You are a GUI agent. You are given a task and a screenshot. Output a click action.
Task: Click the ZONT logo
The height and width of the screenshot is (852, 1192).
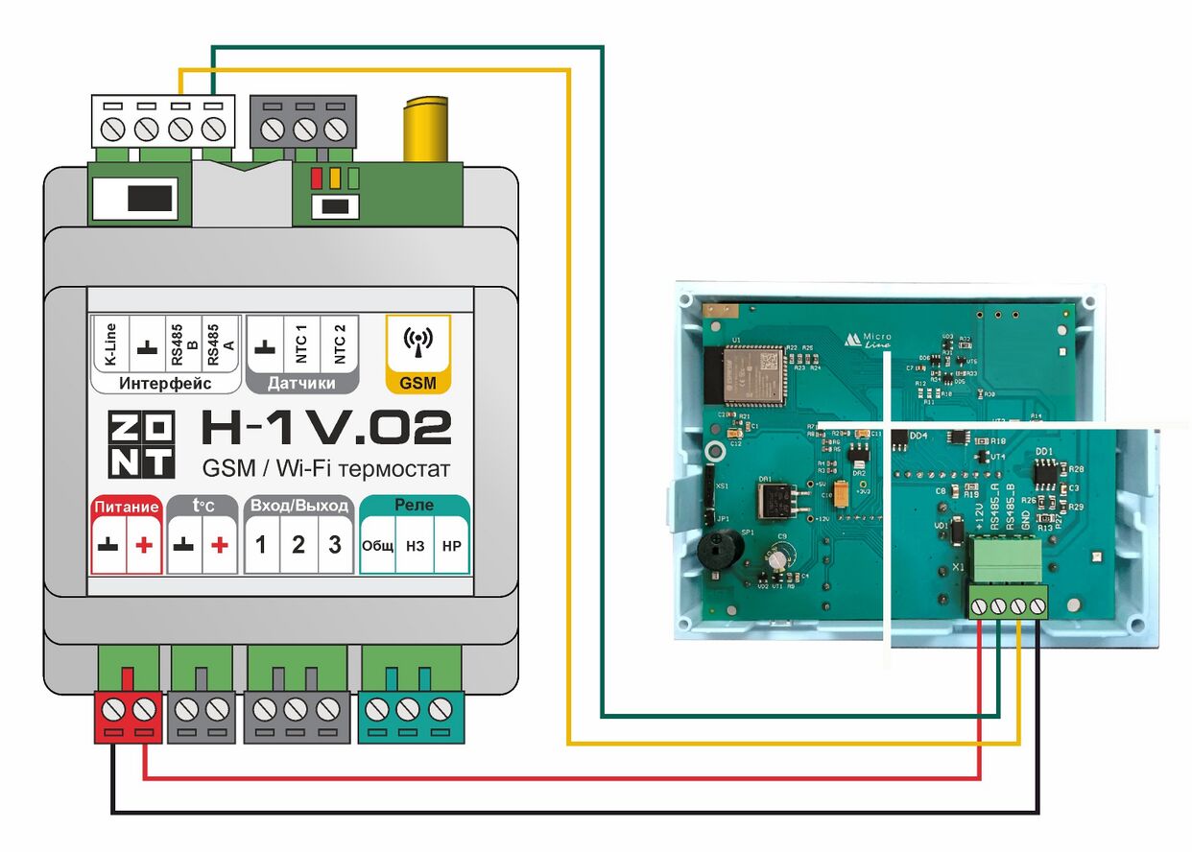(140, 444)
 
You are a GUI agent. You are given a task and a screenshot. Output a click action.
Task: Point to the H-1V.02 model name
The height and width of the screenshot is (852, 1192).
(325, 428)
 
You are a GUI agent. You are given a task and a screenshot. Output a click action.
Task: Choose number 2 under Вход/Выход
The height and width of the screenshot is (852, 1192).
(298, 545)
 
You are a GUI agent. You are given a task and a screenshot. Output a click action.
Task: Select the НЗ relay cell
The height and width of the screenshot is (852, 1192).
(415, 546)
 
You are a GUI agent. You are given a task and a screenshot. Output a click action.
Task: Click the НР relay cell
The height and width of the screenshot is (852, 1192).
(451, 546)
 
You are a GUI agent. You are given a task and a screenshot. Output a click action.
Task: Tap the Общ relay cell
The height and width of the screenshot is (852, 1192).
(378, 546)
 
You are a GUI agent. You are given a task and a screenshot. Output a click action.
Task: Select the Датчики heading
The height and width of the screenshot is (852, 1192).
(301, 384)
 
